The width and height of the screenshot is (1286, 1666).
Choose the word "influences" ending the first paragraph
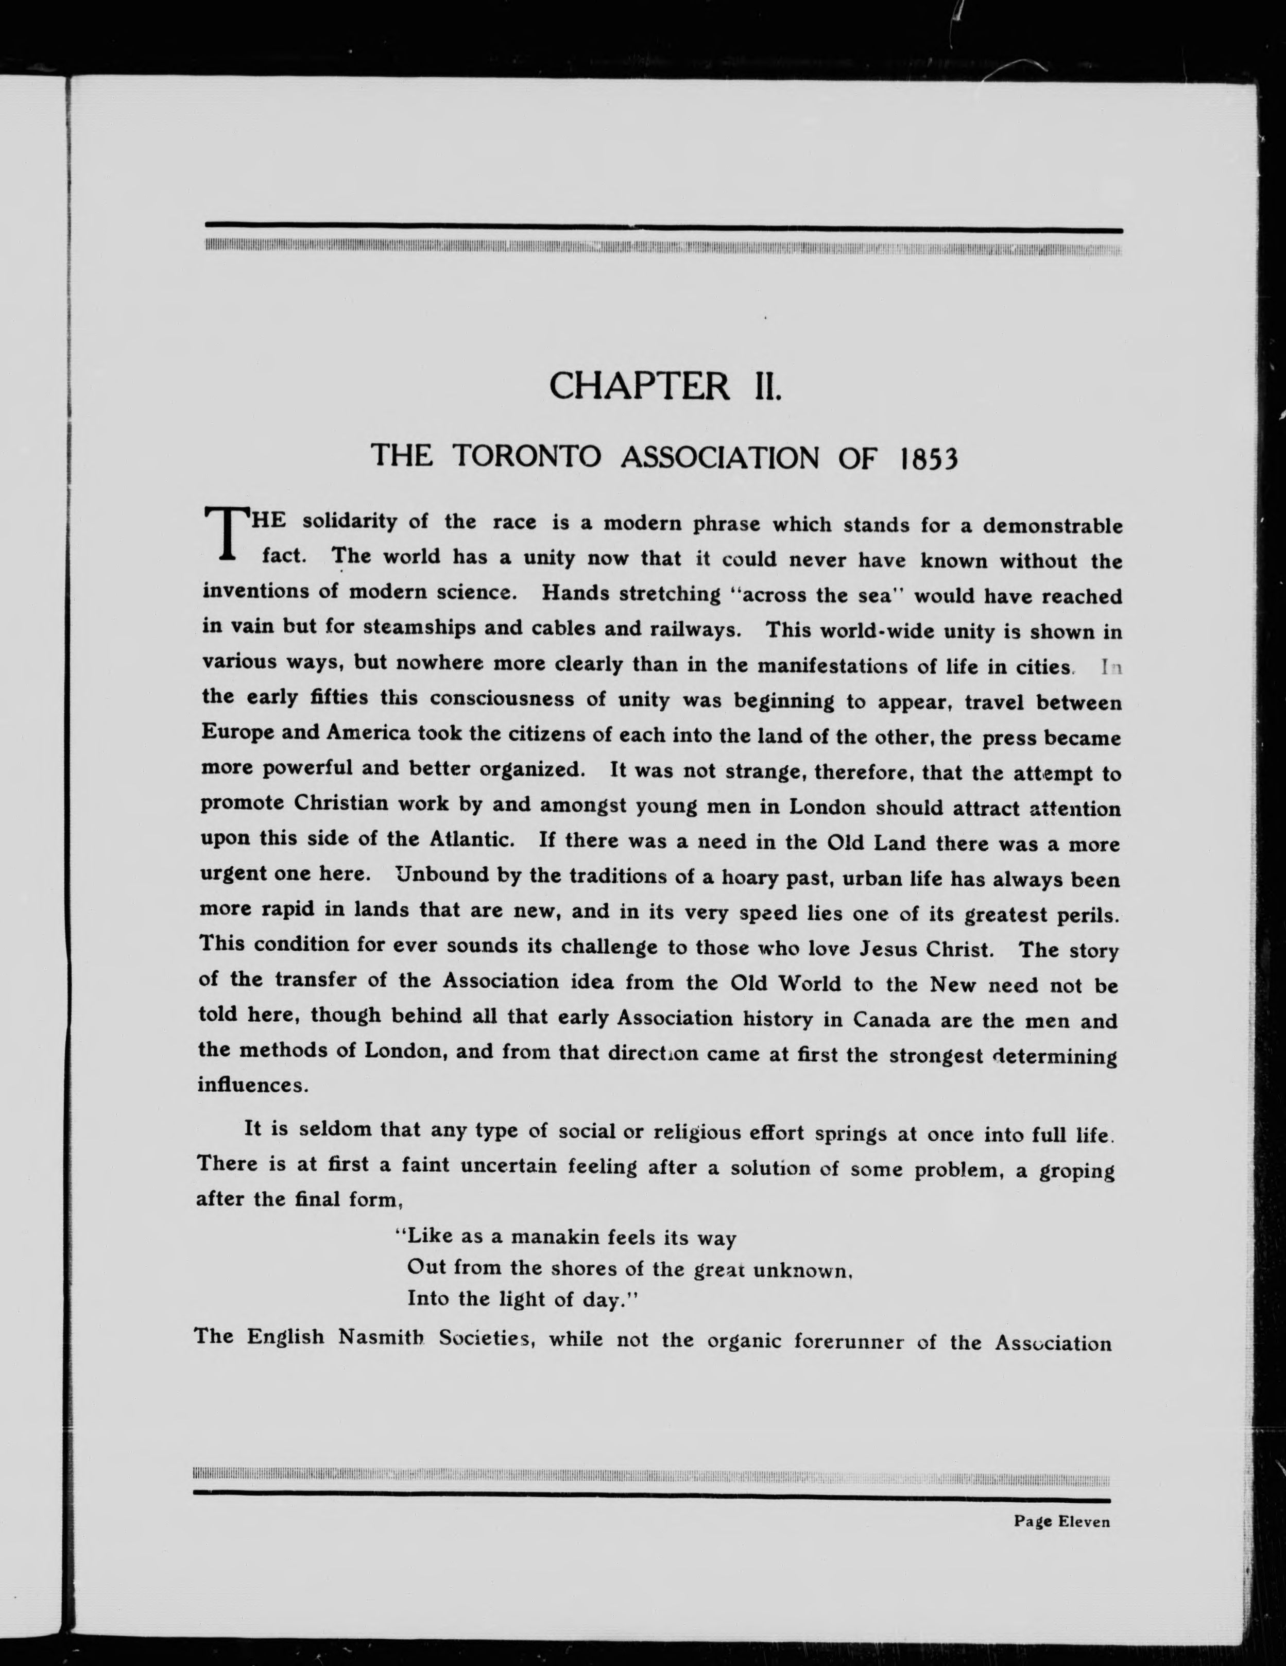[250, 1084]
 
